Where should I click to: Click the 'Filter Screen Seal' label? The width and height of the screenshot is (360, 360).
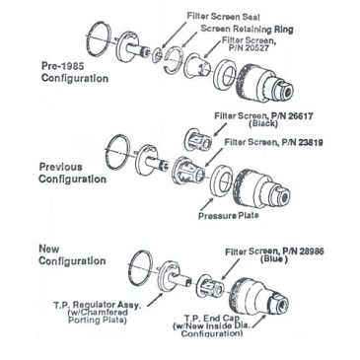click(x=223, y=16)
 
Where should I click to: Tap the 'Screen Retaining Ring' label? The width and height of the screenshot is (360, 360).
click(x=247, y=29)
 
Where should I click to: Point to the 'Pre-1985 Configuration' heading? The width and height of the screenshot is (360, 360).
click(x=75, y=72)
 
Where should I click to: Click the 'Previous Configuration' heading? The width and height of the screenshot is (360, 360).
click(x=72, y=173)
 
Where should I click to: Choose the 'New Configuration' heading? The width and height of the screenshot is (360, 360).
click(x=72, y=254)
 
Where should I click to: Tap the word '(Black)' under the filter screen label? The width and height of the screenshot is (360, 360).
click(x=263, y=124)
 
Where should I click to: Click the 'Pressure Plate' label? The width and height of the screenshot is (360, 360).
click(x=228, y=216)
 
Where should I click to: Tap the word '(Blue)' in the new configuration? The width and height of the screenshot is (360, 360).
click(x=273, y=259)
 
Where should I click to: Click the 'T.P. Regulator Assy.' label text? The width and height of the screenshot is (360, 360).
click(x=97, y=305)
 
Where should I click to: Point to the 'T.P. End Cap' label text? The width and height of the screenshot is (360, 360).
click(x=212, y=319)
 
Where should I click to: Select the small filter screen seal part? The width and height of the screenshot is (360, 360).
click(x=158, y=55)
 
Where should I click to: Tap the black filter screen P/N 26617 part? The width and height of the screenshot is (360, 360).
click(x=197, y=140)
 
